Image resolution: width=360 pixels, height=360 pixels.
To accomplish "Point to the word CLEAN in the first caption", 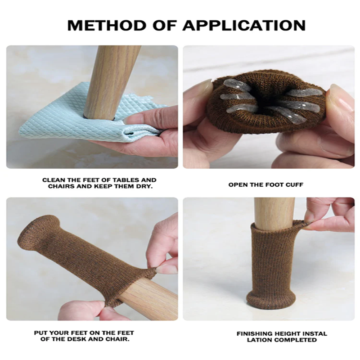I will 53,180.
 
